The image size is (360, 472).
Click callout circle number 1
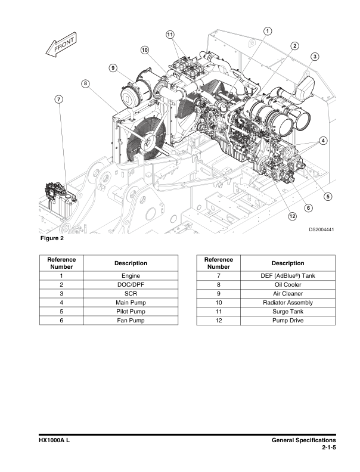click(268, 30)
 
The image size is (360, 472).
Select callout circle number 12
click(292, 216)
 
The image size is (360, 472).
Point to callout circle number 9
click(113, 68)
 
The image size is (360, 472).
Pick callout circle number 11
click(170, 34)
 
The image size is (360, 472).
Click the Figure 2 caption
click(51, 240)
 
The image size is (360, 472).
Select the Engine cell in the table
click(131, 276)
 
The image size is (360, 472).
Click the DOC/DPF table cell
click(131, 285)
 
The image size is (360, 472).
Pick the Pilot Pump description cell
click(131, 312)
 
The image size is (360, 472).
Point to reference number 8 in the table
click(219, 285)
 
